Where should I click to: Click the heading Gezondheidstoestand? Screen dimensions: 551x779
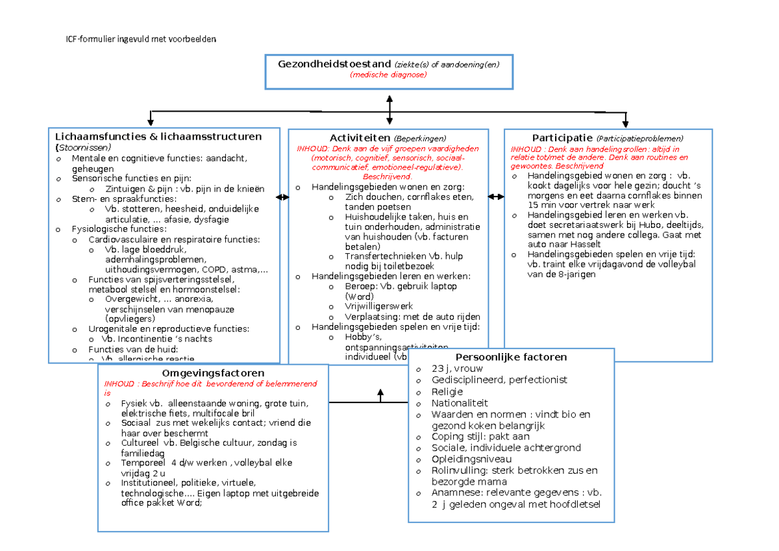334,64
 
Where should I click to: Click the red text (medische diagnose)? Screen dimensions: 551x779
389,75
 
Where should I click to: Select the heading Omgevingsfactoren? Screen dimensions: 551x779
213,373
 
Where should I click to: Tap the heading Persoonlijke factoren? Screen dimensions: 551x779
511,357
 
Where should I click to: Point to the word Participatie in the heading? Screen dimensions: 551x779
562,138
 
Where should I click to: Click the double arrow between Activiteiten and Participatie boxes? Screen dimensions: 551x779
496,197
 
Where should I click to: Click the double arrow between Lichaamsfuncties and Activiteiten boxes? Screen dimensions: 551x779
284,197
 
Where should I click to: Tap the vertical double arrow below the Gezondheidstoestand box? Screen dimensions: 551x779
389,110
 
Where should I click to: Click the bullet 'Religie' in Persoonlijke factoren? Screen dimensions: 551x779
447,391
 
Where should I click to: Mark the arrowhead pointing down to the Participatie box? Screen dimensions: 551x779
625,123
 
